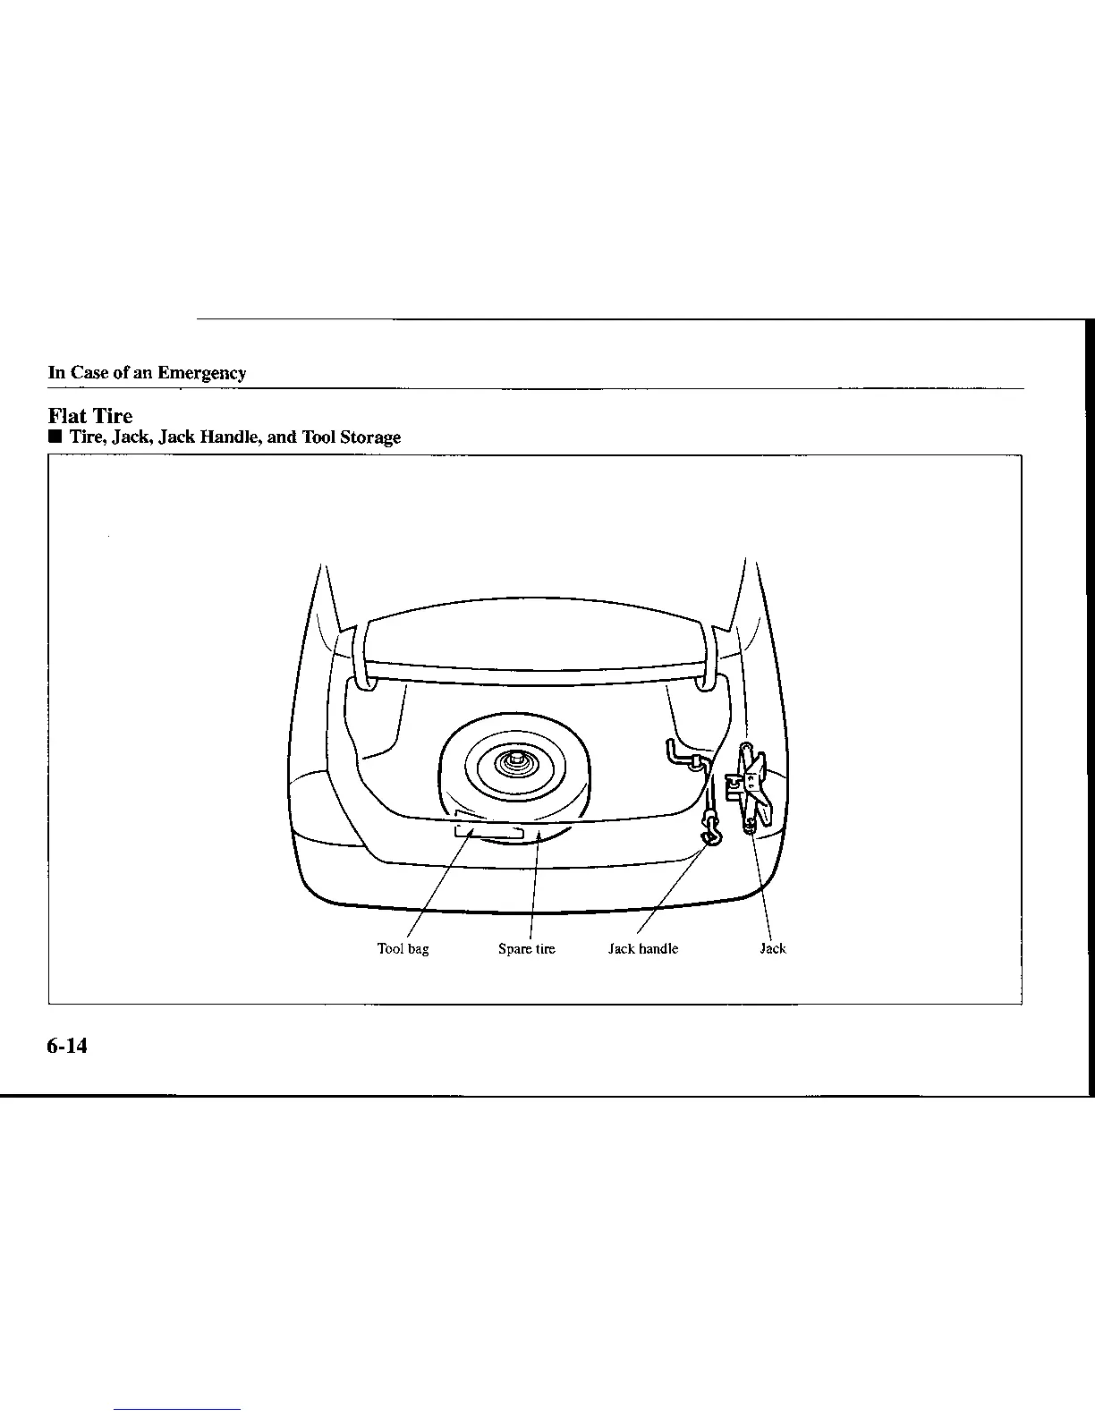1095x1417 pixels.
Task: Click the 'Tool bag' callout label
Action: [x=403, y=949]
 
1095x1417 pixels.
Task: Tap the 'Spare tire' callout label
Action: [x=526, y=949]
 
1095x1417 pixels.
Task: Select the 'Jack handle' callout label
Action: [x=642, y=949]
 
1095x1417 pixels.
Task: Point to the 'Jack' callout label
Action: [x=772, y=949]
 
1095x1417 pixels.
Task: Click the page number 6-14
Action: [x=68, y=1045]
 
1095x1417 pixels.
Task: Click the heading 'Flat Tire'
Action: [x=89, y=416]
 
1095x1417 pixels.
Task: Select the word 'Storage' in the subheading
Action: [x=369, y=437]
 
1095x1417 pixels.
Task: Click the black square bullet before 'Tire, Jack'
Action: [x=55, y=437]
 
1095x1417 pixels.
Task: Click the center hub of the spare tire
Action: [x=516, y=762]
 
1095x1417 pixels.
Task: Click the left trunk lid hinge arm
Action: [x=362, y=659]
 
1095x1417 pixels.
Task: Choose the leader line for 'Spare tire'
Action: [x=534, y=886]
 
